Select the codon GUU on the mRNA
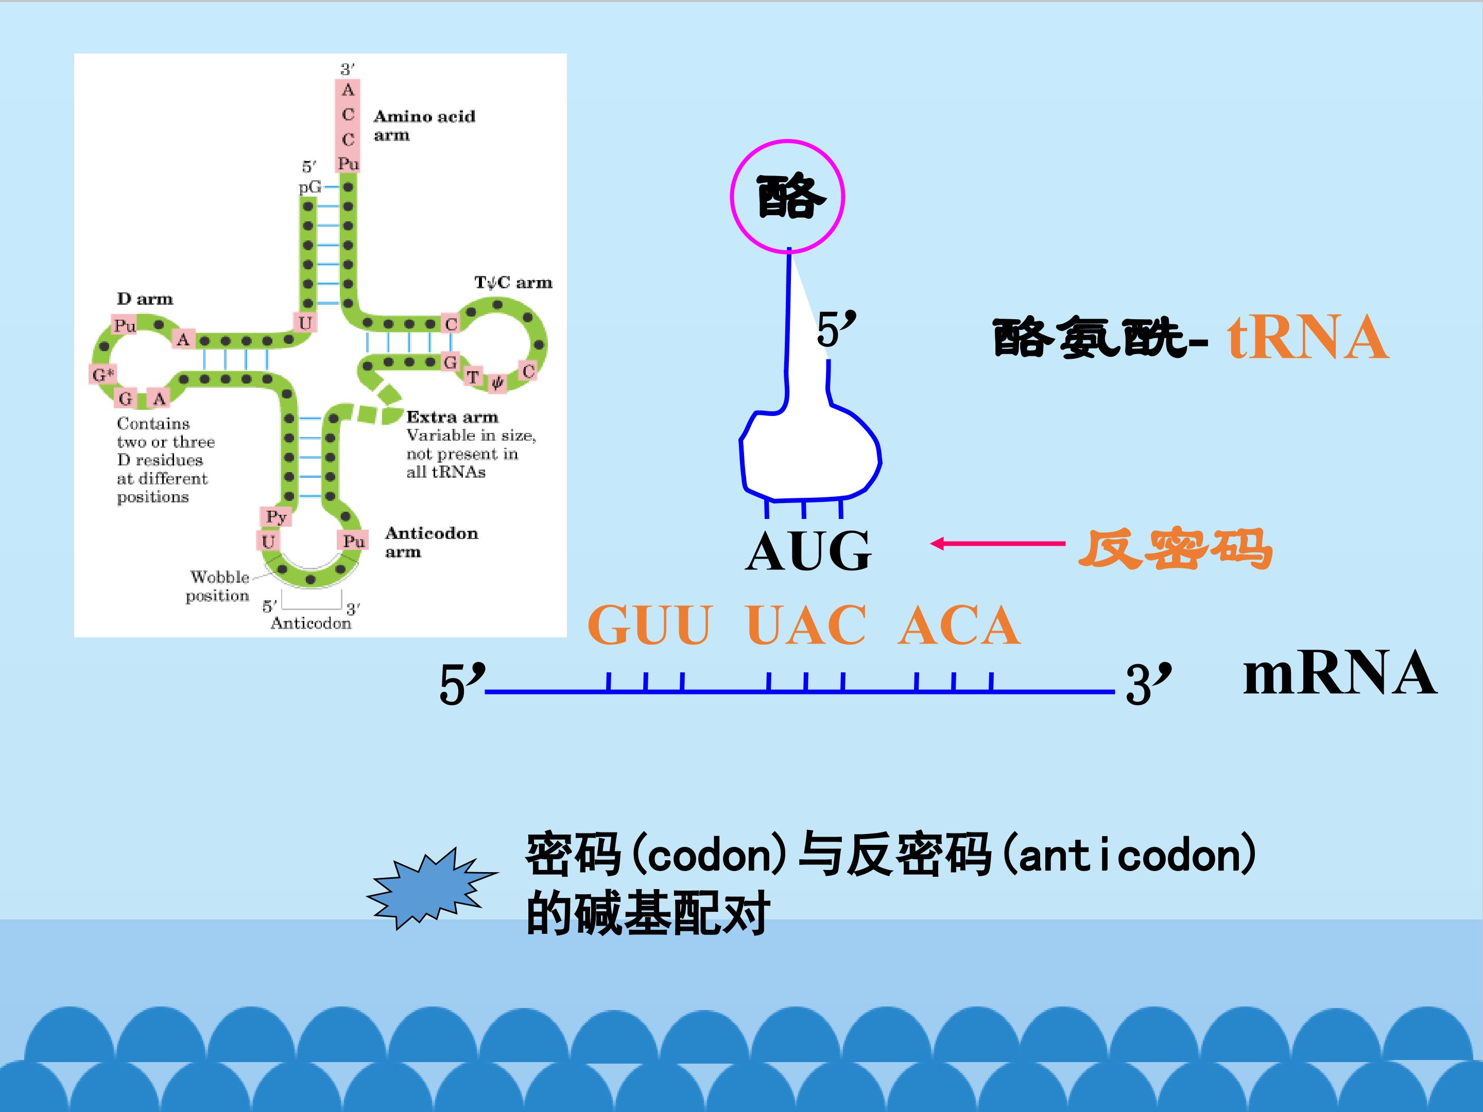[649, 624]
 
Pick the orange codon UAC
[806, 624]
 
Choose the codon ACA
[959, 624]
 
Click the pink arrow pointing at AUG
[997, 544]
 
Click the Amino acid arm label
[424, 125]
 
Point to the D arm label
[145, 299]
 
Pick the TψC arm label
[513, 283]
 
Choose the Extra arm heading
[453, 417]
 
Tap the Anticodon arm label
[431, 542]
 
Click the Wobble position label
[217, 586]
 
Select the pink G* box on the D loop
[102, 374]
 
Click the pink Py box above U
[275, 517]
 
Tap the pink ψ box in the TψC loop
[497, 383]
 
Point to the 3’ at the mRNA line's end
[1148, 683]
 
